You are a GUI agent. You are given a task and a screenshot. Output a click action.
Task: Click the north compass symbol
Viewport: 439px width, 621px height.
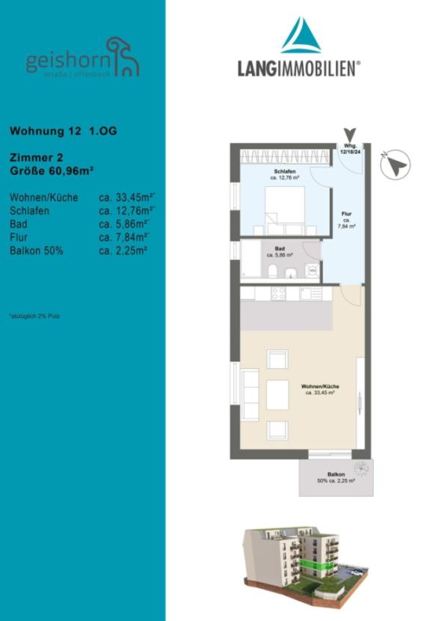coord(396,165)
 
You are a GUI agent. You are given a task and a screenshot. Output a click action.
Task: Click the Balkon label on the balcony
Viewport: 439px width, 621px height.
coord(336,476)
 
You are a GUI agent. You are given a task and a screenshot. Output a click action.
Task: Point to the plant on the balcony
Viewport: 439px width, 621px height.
coord(362,468)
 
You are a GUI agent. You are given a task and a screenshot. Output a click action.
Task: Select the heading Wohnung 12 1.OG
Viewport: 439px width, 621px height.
coord(63,131)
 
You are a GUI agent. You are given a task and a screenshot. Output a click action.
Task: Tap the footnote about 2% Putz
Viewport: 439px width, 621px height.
coord(34,316)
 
